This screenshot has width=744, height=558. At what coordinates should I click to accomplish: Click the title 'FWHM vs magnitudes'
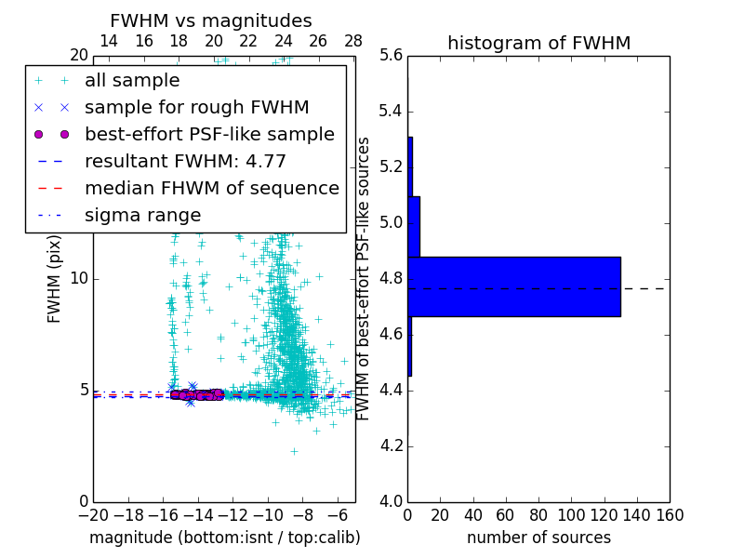[211, 21]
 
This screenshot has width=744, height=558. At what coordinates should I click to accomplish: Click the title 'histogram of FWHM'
[538, 43]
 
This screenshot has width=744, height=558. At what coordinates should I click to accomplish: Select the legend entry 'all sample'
[132, 81]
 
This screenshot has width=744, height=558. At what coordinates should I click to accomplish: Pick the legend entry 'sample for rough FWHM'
[196, 108]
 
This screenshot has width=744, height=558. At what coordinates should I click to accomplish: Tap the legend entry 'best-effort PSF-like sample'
[209, 135]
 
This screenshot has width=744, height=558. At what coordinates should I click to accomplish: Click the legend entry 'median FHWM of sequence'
[211, 189]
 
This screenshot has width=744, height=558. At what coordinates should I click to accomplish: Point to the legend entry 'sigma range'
[142, 216]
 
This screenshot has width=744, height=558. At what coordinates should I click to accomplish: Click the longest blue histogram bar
[513, 286]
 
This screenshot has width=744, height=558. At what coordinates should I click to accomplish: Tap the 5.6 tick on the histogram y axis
[391, 56]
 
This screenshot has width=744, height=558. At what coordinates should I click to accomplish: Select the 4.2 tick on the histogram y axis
[391, 446]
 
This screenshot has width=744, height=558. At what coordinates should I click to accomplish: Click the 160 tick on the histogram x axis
[670, 515]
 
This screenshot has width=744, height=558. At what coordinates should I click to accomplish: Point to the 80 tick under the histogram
[538, 515]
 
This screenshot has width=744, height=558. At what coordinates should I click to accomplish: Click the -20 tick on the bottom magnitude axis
[93, 515]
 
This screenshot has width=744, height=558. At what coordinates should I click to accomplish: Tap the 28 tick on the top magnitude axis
[353, 41]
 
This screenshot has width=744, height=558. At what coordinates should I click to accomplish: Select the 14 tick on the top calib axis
[109, 41]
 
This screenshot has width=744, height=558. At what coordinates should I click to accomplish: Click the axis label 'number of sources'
[538, 538]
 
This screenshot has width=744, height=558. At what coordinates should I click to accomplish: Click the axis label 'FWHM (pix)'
[55, 278]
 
